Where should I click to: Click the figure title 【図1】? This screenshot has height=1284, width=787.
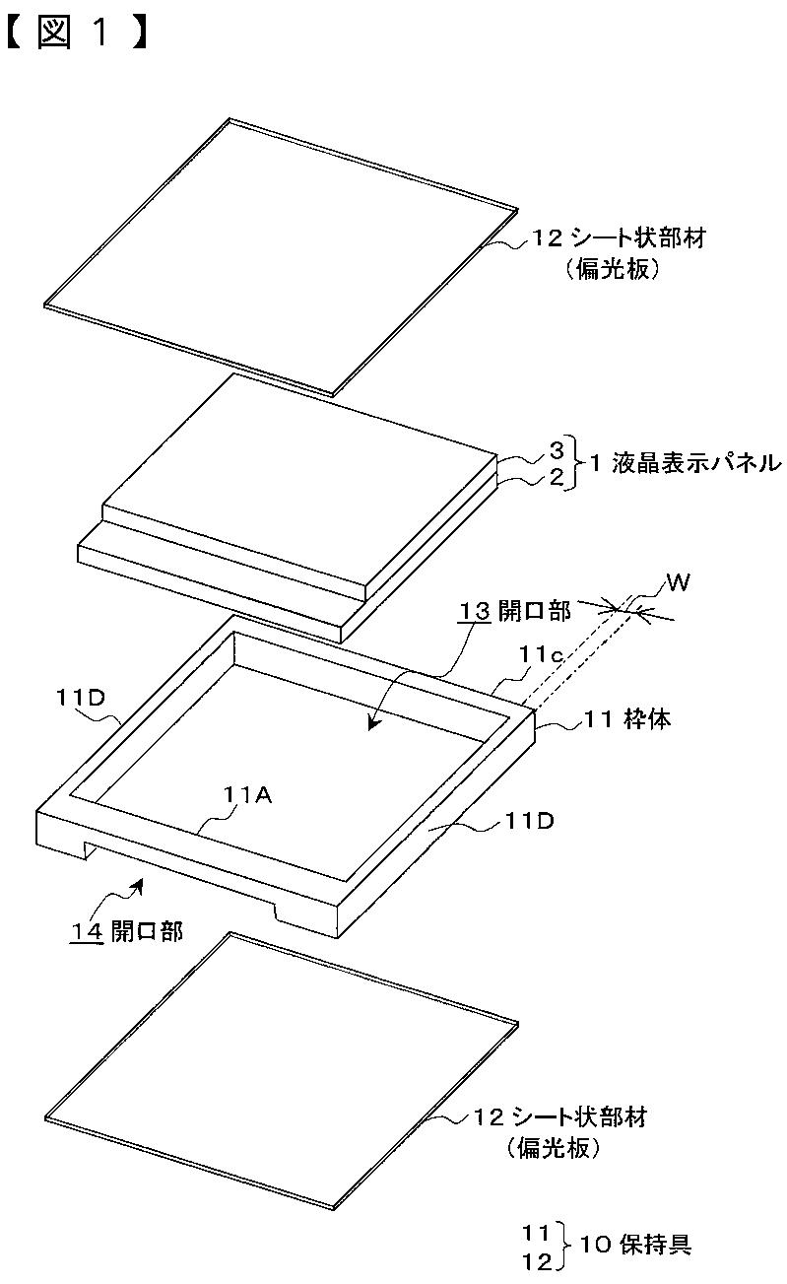tap(79, 34)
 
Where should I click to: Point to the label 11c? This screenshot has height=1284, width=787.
tap(542, 654)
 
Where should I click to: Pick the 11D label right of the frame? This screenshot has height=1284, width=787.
tap(529, 822)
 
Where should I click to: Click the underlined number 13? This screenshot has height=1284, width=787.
tap(474, 612)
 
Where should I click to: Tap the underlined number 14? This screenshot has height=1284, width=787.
tap(87, 931)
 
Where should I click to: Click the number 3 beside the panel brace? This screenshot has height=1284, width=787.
tap(557, 450)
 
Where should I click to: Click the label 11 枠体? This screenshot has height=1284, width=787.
tap(627, 718)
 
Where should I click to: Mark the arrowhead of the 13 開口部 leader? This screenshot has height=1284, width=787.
tap(373, 724)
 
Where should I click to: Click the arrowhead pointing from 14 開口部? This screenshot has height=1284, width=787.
tap(136, 885)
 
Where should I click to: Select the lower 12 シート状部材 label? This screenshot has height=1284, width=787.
tap(559, 1115)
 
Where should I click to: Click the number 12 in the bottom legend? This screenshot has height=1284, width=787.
tap(537, 1261)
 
